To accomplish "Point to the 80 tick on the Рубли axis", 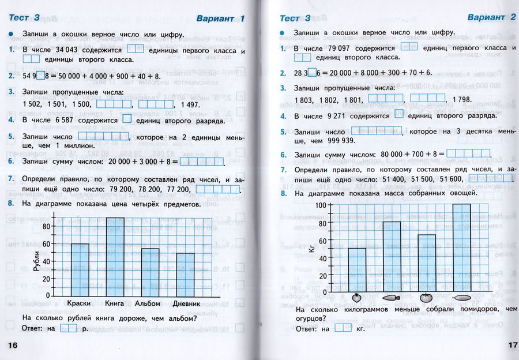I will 46,227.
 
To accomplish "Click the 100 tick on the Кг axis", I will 320,206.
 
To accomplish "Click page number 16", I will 14,344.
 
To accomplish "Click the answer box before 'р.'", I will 69,328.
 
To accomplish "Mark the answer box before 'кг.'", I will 343,328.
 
